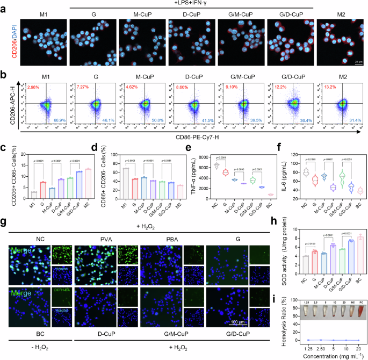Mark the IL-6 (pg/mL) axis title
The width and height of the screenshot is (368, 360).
281,175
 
